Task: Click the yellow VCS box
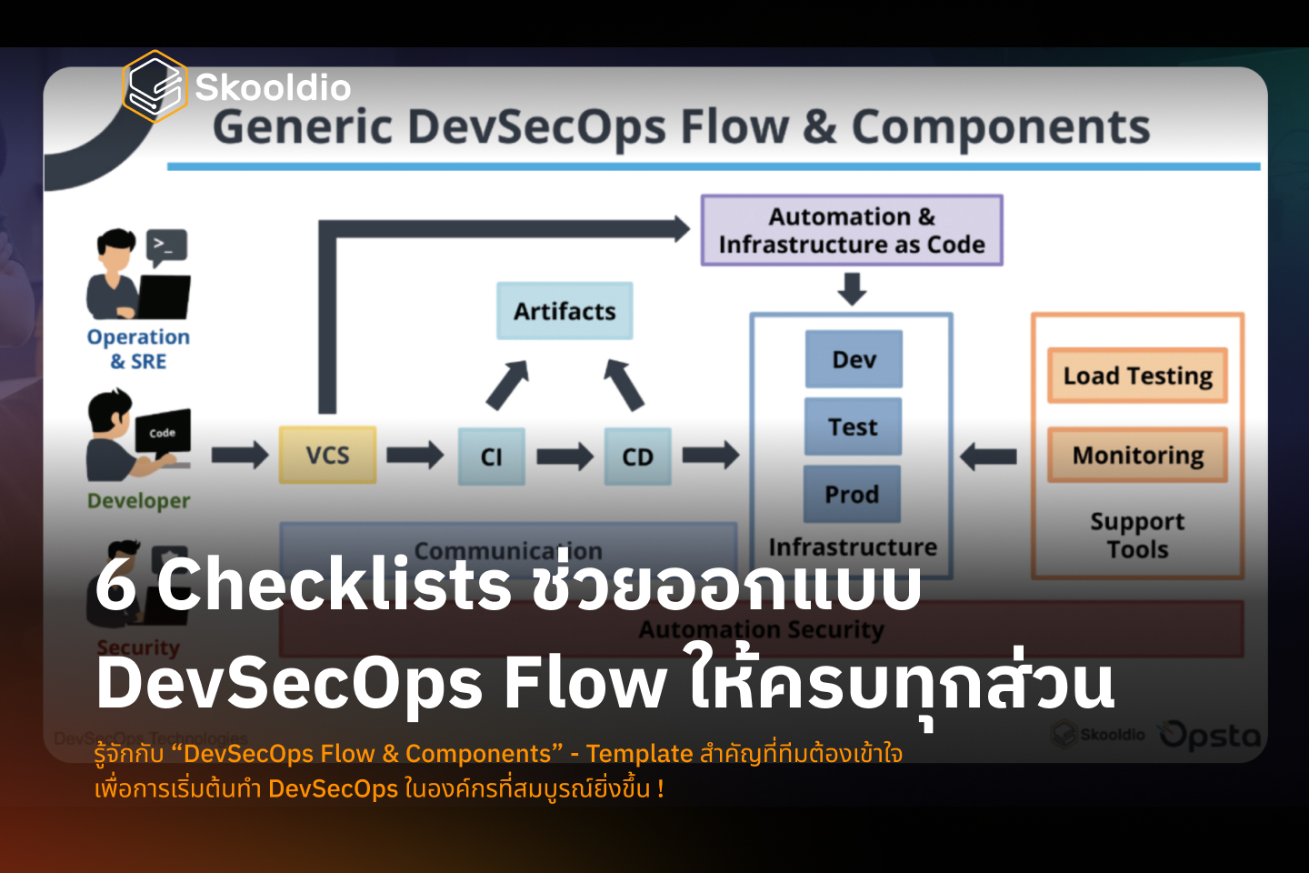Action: [x=327, y=455]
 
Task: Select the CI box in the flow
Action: [x=491, y=457]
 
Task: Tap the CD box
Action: [x=637, y=457]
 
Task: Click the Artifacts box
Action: [x=565, y=311]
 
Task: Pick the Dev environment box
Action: [x=854, y=359]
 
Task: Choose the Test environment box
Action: [x=853, y=426]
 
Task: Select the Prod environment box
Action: [x=852, y=495]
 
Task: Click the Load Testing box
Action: [x=1137, y=376]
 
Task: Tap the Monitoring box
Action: [x=1137, y=455]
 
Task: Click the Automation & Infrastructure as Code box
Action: [x=852, y=230]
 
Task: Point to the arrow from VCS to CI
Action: [x=415, y=454]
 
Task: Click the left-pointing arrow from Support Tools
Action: [x=988, y=455]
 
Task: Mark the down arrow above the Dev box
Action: [x=852, y=288]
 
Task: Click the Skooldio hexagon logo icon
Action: [x=155, y=86]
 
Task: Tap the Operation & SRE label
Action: [x=138, y=349]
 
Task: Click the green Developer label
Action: [x=138, y=501]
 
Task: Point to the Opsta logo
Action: [x=1210, y=735]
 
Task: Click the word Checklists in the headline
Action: [x=334, y=584]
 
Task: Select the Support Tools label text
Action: [x=1137, y=536]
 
